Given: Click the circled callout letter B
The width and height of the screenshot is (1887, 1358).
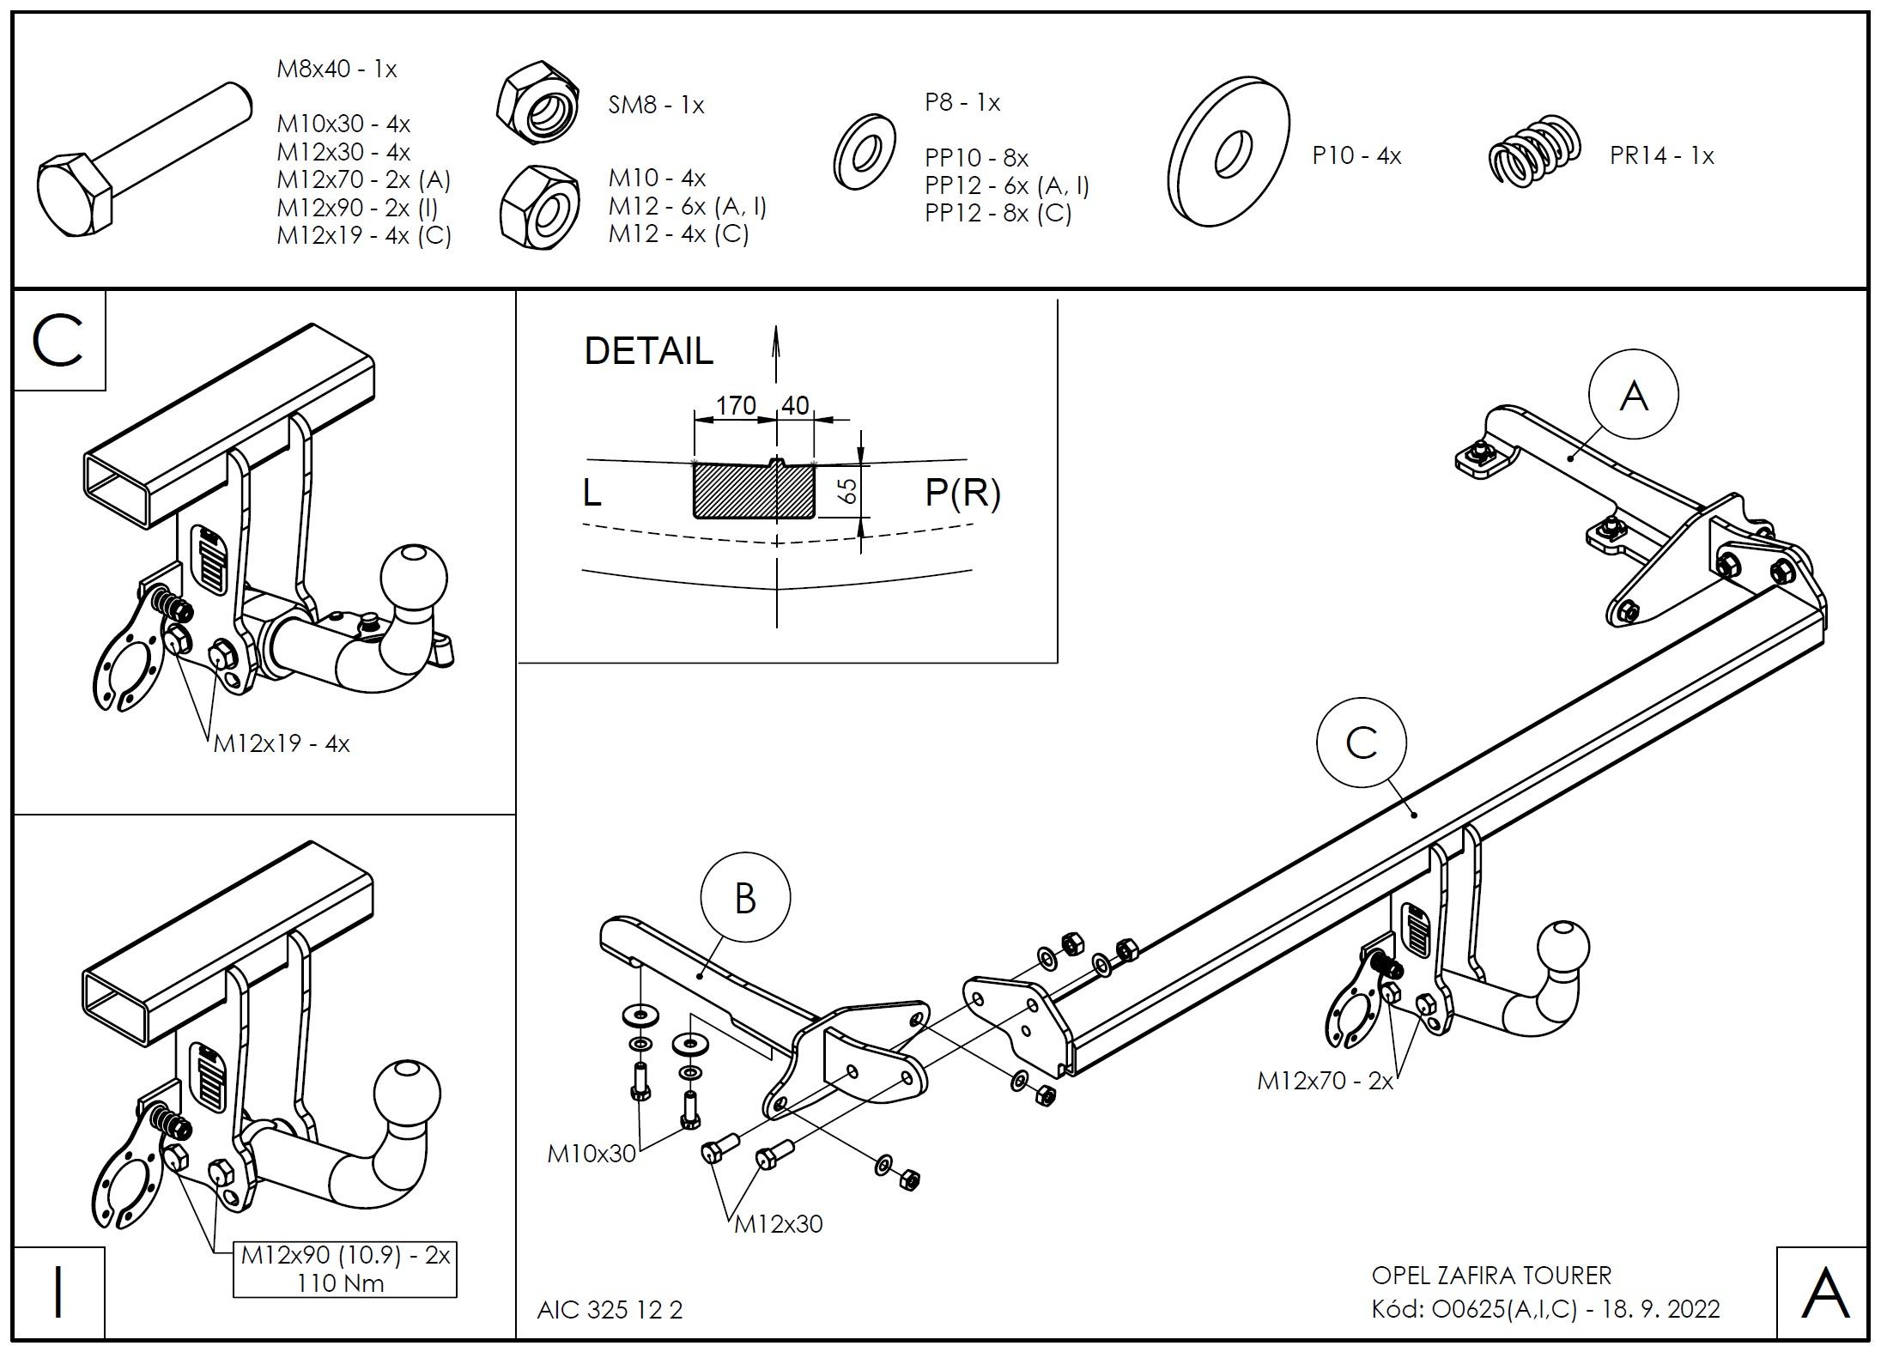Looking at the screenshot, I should click(745, 899).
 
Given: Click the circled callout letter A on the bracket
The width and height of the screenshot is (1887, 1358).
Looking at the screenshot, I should click(1633, 395).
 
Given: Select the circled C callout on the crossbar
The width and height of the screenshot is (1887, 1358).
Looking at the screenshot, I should click(1361, 743).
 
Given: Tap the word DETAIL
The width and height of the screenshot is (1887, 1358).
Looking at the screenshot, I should click(648, 351).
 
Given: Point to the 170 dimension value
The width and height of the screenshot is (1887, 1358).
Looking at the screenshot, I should click(736, 405).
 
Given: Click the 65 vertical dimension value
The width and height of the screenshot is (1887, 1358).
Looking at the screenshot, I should click(846, 491).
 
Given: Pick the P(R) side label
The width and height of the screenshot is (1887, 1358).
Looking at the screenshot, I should click(962, 493).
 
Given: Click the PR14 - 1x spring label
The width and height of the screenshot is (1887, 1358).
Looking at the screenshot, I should click(1661, 156).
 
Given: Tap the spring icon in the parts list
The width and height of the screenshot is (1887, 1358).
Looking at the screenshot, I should click(1534, 151).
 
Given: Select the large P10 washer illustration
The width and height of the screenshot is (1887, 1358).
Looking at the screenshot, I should click(1229, 152).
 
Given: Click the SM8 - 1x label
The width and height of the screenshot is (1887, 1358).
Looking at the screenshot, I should click(656, 106).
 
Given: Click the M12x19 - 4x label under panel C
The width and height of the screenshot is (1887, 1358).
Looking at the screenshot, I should click(282, 743).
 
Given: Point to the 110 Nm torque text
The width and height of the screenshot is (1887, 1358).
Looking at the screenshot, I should click(341, 1283).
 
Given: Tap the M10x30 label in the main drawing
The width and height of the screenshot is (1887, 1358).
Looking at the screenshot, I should click(592, 1154).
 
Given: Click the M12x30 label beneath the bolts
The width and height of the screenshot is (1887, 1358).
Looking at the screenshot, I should click(778, 1224).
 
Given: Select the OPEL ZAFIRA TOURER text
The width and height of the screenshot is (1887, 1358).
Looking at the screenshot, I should click(1491, 1276).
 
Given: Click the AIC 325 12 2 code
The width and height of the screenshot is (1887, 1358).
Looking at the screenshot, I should click(610, 1310).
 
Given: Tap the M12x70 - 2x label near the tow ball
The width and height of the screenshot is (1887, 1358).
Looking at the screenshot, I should click(1325, 1081).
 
